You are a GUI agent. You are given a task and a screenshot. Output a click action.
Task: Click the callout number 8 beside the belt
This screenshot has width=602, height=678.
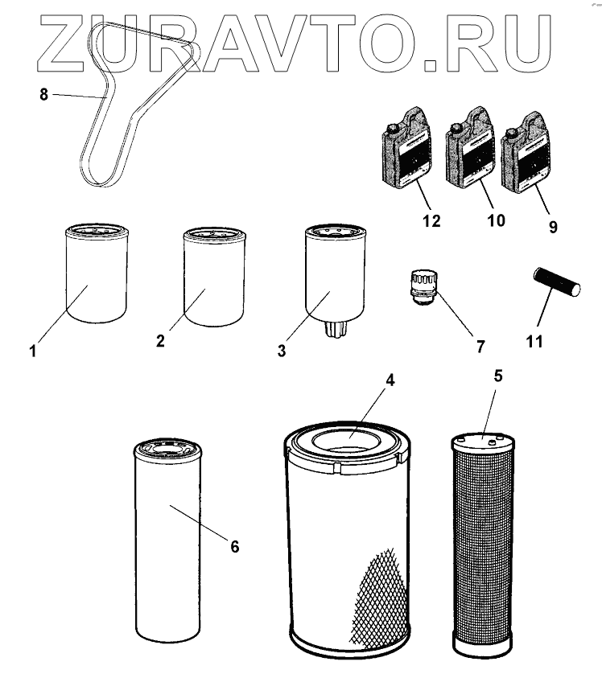point(43,94)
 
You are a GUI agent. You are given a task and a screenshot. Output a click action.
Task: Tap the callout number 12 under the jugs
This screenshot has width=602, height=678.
point(431,221)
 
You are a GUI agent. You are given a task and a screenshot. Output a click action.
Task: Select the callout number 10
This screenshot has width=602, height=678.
point(497,220)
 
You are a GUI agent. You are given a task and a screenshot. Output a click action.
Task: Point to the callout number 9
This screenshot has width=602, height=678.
point(553,227)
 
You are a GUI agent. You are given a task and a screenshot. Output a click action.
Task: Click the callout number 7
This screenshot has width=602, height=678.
point(480,347)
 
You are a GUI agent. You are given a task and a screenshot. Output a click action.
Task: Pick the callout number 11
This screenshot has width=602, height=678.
point(534,342)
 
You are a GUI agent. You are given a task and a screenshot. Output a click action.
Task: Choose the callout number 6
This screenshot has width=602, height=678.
point(234,547)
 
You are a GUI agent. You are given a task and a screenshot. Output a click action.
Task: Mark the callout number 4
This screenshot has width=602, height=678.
point(390,380)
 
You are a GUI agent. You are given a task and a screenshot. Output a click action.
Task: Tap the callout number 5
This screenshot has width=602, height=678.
point(498,376)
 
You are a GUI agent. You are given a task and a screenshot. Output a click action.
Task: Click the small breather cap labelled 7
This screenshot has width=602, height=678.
point(424,286)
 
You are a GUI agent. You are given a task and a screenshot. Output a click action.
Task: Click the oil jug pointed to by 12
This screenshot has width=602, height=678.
point(407,148)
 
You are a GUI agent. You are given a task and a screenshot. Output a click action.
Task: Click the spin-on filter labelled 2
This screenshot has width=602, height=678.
point(214,277)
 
